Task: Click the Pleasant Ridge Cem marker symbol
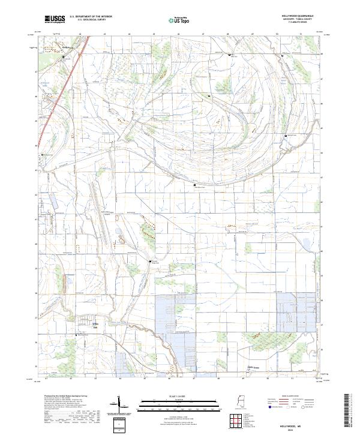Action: pyautogui.click(x=151, y=262)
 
